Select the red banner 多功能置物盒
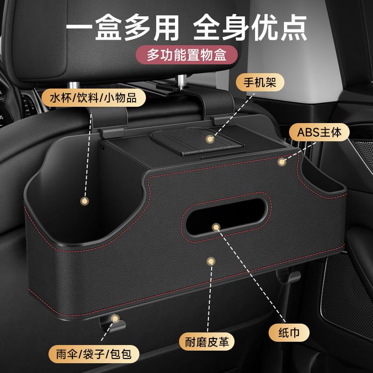[x=186, y=55]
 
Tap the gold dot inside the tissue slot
[x=215, y=227]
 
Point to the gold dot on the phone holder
[x=211, y=139]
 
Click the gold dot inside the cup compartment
[x=84, y=201]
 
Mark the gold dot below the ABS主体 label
[x=281, y=162]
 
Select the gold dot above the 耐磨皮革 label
[x=210, y=261]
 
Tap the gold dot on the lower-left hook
[x=114, y=318]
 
